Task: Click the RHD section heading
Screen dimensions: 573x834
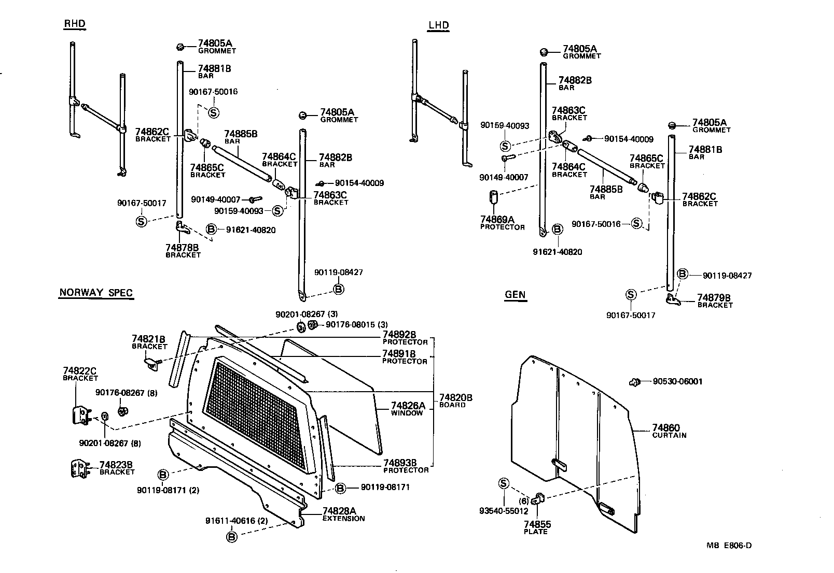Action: tap(75, 23)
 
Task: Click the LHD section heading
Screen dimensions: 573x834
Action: tap(438, 25)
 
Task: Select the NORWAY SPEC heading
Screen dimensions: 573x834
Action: tap(96, 293)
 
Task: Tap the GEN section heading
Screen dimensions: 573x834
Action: tap(515, 295)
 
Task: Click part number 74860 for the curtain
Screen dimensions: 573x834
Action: tap(665, 427)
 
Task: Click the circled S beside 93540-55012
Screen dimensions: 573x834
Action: tap(503, 483)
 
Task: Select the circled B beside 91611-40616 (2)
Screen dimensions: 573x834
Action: tap(232, 537)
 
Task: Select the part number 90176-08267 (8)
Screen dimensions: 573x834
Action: tap(120, 393)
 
